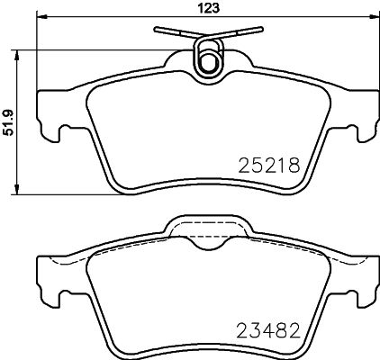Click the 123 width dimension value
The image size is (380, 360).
(x=209, y=8)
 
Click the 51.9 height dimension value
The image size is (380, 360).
(x=9, y=122)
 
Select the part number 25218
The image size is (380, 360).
(x=269, y=166)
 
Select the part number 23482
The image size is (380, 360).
(x=268, y=330)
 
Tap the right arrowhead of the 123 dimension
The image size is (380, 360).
(x=374, y=16)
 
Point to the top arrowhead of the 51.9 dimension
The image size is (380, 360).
(x=17, y=56)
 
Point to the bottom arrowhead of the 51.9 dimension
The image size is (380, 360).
(x=17, y=189)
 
